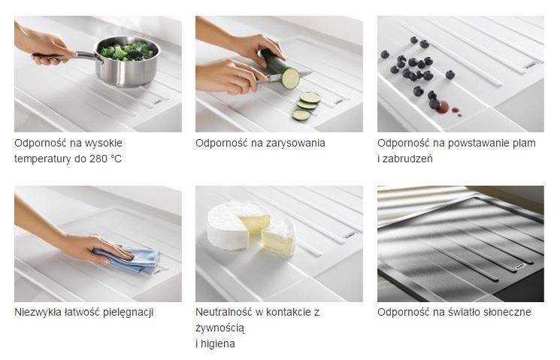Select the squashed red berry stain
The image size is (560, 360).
pyautogui.click(x=443, y=107)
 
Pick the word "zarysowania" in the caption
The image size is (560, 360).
pyautogui.click(x=297, y=143)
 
